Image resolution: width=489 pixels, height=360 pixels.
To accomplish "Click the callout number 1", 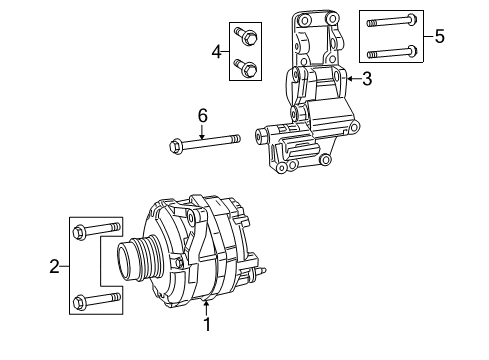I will pos(207,324).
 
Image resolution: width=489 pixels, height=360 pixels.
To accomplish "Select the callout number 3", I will pos(366,79).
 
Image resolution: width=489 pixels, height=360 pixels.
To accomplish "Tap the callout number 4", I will pos(215,51).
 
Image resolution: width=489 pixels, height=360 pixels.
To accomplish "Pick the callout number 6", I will pos(202,116).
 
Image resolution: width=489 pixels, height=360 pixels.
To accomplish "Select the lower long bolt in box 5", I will pos(390,52).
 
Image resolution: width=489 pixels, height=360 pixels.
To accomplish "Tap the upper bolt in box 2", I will pos(93,233).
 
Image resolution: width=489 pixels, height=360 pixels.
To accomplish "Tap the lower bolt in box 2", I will pos(93,299).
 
